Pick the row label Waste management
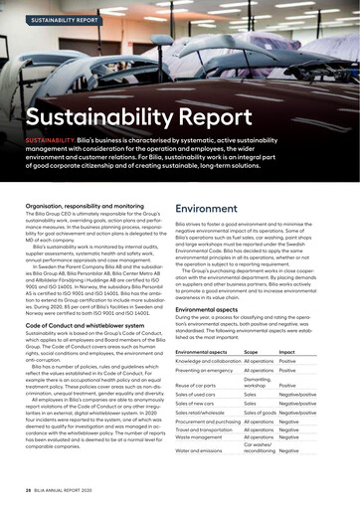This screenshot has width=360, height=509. tap(206, 435)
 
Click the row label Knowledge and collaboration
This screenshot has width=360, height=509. tap(215, 362)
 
